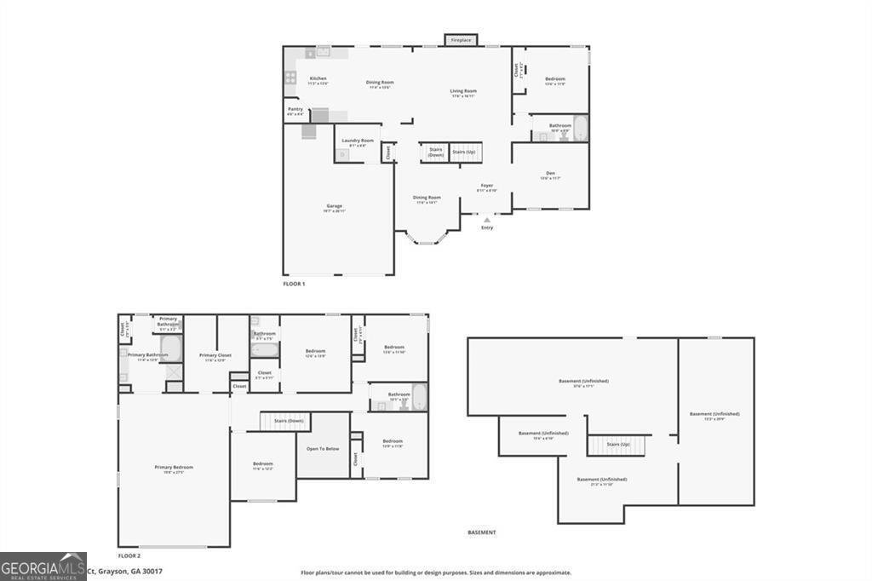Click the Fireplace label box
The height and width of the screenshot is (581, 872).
tap(461, 40)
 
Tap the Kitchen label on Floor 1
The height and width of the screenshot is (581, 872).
tap(318, 79)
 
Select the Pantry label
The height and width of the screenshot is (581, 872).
tap(295, 110)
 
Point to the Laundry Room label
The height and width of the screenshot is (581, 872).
tap(358, 141)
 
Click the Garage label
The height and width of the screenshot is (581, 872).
tap(334, 207)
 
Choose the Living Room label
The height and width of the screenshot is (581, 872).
tap(463, 92)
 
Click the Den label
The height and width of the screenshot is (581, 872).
tap(550, 175)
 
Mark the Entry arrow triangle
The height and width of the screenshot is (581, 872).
tap(487, 220)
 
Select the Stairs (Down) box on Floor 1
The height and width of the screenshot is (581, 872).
tap(435, 152)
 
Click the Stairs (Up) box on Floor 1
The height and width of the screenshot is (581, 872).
tap(465, 152)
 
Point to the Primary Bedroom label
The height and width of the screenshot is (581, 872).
tap(174, 468)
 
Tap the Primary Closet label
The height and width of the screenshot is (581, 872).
tap(215, 356)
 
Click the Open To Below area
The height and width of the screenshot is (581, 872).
tap(323, 448)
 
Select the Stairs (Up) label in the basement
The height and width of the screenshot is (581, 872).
tap(618, 445)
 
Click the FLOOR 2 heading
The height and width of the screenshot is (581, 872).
tap(129, 555)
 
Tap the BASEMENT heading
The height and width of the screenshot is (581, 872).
tap(482, 532)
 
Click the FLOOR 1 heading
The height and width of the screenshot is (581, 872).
tap(294, 284)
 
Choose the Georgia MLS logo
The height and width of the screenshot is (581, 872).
tap(43, 567)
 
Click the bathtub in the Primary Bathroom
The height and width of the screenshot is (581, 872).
tap(170, 348)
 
